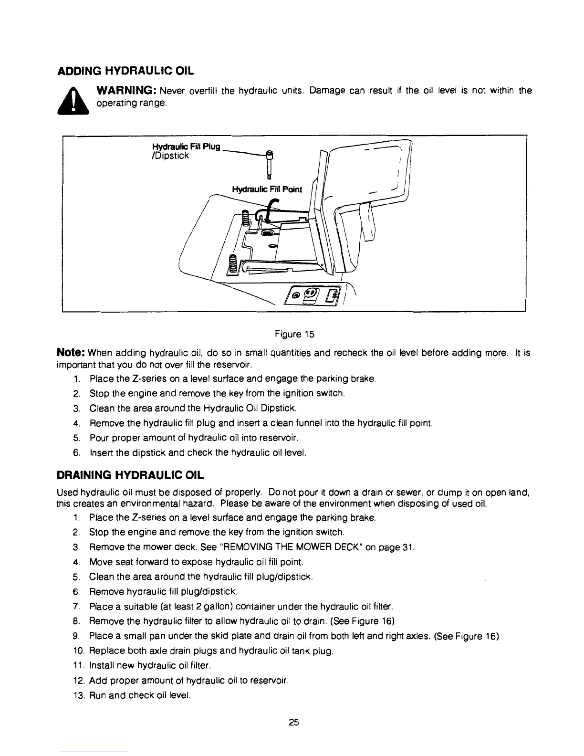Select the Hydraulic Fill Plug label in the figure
185,147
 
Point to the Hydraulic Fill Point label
267,189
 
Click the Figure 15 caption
294,334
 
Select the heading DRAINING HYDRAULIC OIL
130,475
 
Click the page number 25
293,723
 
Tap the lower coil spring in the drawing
233,264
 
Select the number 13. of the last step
78,695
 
